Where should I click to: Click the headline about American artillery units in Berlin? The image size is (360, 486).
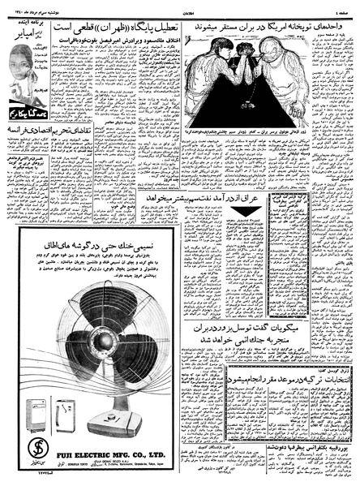click(x=267, y=26)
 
